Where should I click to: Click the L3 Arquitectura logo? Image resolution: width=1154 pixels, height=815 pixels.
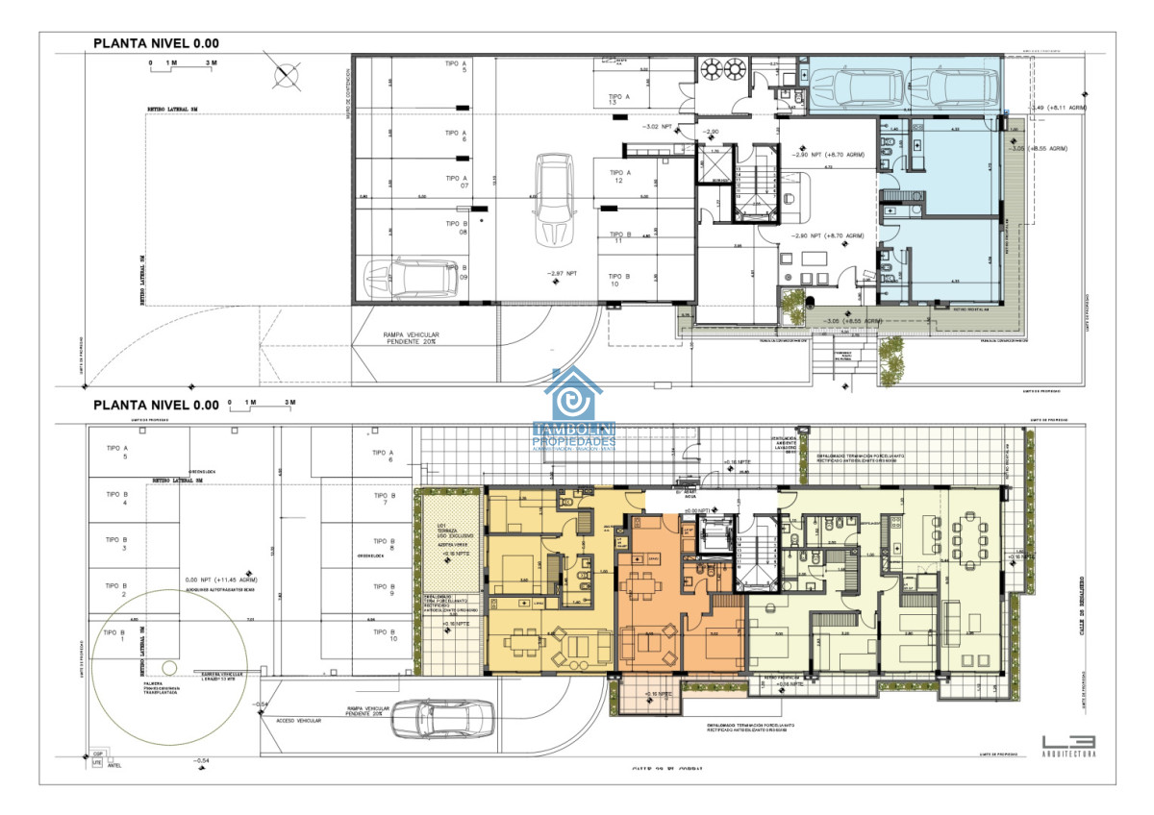click(x=1067, y=745)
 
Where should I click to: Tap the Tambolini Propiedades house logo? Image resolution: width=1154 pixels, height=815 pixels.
click(x=574, y=408)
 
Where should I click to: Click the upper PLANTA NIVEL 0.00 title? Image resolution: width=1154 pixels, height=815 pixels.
click(x=156, y=43)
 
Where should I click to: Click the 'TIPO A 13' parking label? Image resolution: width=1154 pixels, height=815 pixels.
click(x=619, y=100)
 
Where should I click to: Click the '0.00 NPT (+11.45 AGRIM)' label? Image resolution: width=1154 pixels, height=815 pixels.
click(x=220, y=580)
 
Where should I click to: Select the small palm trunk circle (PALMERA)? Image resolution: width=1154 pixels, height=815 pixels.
click(x=168, y=667)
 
